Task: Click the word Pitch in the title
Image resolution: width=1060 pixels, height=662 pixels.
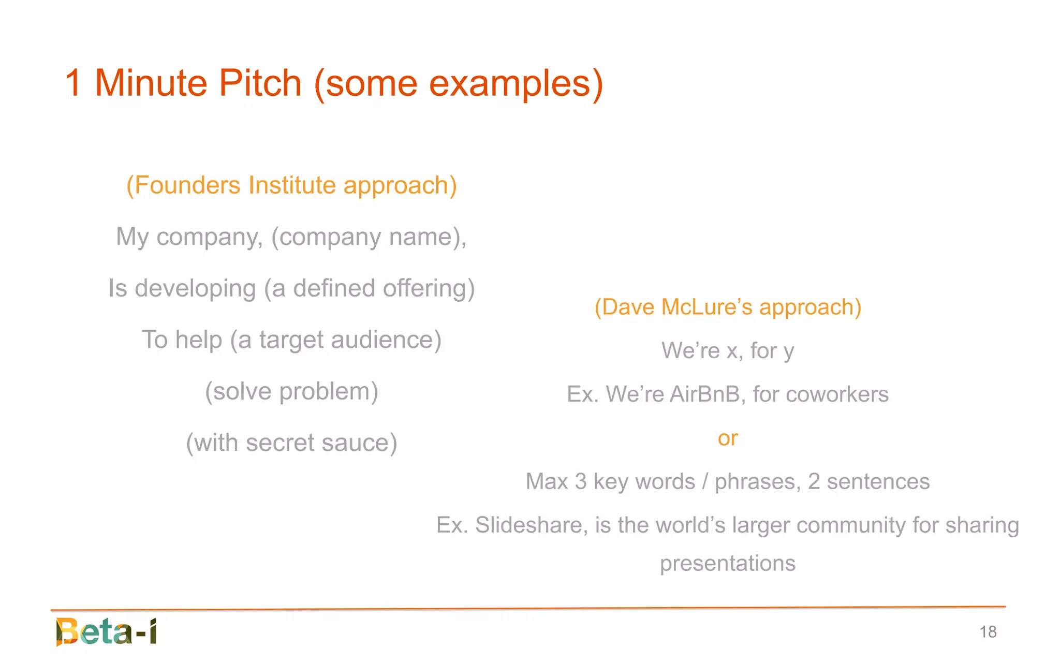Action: coord(260,83)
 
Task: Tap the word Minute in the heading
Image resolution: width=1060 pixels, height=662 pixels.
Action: coord(151,83)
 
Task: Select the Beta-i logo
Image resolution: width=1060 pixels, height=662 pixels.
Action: coord(107,631)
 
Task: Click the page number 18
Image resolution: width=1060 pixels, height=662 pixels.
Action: coord(988,632)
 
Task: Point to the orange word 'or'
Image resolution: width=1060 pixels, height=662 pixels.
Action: coord(727,438)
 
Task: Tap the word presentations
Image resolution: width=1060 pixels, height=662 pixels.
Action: coord(727,564)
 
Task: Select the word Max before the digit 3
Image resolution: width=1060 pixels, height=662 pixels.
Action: coord(547,481)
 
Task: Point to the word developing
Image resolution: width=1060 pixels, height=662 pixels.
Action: coord(195,288)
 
